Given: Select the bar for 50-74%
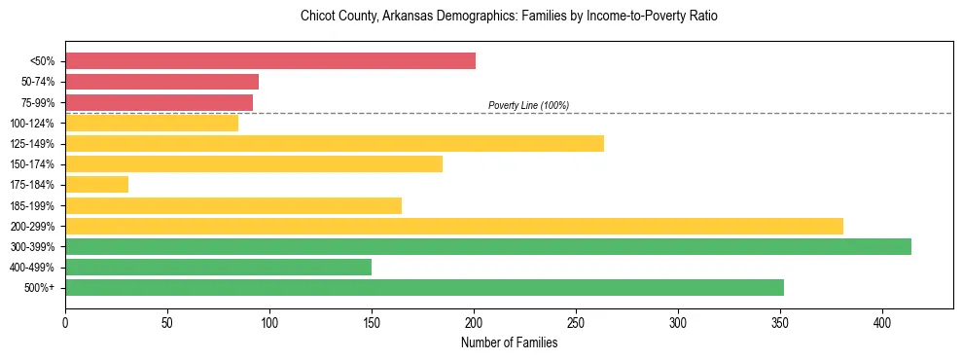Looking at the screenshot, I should coord(161,82).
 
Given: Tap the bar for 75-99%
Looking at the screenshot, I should coord(159,102).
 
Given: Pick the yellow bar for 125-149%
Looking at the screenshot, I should coord(335,144).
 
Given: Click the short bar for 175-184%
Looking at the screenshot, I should coord(96,185).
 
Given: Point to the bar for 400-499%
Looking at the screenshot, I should coord(218,267).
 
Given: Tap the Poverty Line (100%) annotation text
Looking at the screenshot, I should coord(528,105).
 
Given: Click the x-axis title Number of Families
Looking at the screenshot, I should coord(509,342).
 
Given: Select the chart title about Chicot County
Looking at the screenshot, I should coord(509,17).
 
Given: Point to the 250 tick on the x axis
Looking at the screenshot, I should coord(576,321).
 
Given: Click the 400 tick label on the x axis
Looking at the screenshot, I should coord(882,321).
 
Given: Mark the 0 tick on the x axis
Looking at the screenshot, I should coord(65,321).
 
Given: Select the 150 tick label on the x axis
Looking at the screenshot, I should coord(372,321).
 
